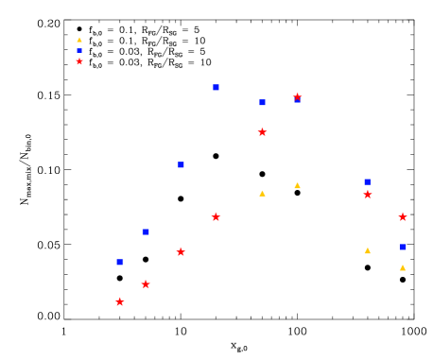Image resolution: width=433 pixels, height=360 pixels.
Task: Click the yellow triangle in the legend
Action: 79,40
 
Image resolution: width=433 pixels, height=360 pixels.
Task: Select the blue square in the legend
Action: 79,51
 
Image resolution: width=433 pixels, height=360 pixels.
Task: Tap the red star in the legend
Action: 79,61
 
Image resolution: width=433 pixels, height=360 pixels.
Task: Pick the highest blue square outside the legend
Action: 216,87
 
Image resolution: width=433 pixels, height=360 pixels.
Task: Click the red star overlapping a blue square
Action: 297,96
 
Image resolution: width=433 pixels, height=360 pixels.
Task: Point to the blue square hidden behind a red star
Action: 297,100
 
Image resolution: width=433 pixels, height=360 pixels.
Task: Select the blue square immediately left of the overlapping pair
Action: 262,102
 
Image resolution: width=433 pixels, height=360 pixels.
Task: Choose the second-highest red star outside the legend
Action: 262,132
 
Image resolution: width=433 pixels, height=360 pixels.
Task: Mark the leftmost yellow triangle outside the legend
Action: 262,193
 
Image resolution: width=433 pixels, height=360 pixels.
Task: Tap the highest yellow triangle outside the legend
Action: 297,185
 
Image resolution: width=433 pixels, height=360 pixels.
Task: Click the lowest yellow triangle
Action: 402,267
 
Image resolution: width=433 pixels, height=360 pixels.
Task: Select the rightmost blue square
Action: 402,247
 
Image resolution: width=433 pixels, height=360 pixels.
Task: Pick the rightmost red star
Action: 402,216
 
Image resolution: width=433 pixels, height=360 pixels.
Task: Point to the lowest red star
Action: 119,301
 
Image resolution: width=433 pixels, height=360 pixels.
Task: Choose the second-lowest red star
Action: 146,283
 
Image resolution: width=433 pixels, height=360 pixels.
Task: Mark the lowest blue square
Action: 120,262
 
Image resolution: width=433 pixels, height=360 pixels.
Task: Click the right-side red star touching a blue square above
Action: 367,195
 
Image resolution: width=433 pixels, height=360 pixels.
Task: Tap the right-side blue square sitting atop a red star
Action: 367,181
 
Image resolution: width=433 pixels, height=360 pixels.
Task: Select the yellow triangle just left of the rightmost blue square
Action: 367,250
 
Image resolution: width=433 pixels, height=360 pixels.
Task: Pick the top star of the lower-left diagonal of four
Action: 216,216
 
